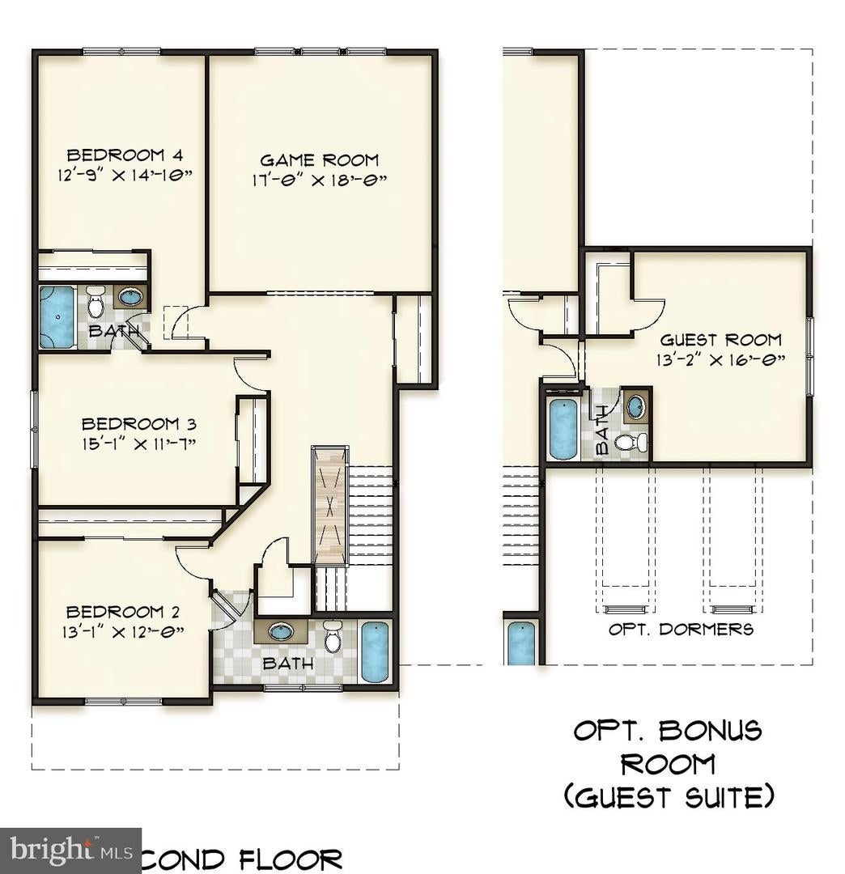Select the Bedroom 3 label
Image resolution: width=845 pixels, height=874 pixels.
click(x=139, y=423)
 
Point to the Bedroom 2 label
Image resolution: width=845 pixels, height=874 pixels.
click(x=123, y=612)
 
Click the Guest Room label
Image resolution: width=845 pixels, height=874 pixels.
click(x=720, y=340)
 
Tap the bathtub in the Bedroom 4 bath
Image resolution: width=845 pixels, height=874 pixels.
click(x=57, y=316)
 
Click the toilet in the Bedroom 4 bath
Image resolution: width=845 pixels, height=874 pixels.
click(x=96, y=303)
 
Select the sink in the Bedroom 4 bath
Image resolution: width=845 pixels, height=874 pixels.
click(x=130, y=296)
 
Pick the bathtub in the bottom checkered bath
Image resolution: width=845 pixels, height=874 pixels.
click(x=374, y=651)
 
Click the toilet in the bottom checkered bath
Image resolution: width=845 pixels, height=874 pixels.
click(x=333, y=637)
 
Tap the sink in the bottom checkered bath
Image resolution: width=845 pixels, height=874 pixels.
click(x=281, y=631)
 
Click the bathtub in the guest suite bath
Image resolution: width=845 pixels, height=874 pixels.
click(x=563, y=429)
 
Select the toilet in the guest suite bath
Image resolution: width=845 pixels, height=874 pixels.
click(x=631, y=442)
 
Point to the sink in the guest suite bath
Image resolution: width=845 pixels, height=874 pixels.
click(x=637, y=406)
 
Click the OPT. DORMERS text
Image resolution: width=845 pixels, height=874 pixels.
click(x=681, y=629)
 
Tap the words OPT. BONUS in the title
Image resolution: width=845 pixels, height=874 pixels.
click(x=668, y=731)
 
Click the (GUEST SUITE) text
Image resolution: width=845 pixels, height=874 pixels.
click(x=669, y=797)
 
